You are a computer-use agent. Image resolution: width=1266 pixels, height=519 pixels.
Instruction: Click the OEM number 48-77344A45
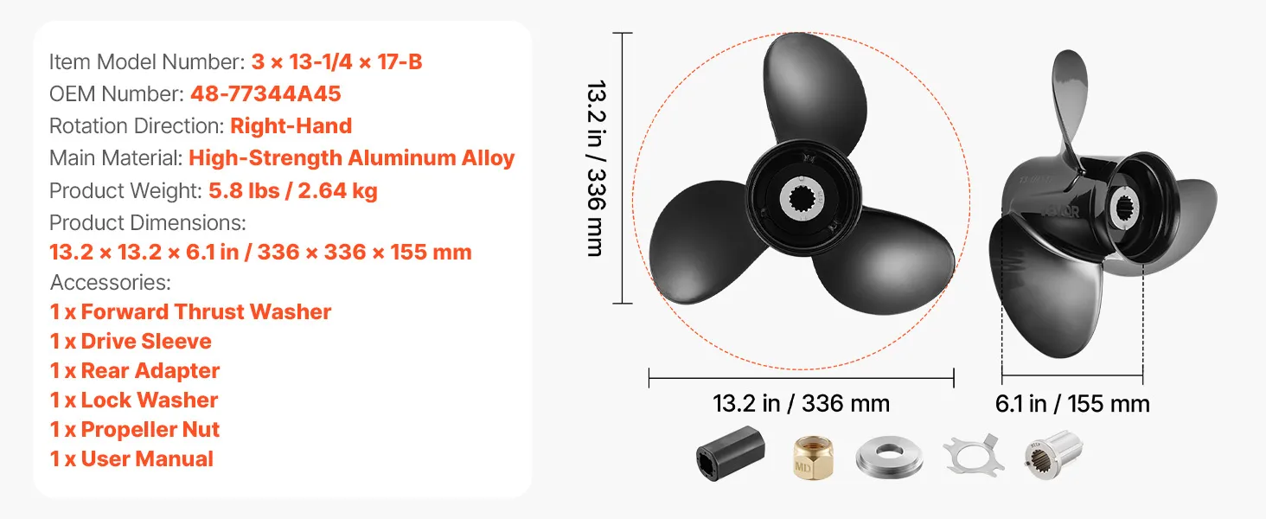(265, 93)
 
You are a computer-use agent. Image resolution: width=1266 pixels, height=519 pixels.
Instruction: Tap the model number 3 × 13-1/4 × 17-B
(337, 61)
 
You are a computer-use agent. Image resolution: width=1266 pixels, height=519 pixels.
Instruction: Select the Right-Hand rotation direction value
(291, 126)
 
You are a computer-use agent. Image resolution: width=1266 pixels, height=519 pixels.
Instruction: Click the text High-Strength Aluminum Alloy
(352, 158)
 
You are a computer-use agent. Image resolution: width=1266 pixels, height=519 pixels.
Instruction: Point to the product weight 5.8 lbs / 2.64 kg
(293, 191)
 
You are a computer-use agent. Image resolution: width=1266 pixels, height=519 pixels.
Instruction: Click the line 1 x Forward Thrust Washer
(190, 312)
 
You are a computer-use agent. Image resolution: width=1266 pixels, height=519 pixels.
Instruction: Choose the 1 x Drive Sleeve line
(131, 342)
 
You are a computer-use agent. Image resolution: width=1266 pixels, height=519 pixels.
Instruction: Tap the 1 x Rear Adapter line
(135, 371)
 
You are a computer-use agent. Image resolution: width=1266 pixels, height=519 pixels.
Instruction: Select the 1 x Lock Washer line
(134, 400)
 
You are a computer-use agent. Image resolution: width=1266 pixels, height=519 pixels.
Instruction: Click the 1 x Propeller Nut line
(135, 430)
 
